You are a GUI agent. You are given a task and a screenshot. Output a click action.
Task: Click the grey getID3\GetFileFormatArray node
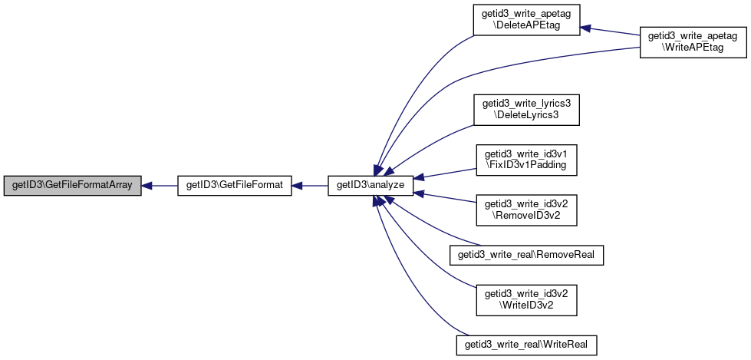72,186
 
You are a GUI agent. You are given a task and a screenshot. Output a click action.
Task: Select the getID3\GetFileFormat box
235,186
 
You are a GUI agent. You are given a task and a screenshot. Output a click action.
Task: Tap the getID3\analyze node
371,186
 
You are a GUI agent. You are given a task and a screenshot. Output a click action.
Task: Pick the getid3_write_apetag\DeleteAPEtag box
526,20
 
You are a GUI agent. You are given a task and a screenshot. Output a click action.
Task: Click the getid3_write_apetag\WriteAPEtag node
693,42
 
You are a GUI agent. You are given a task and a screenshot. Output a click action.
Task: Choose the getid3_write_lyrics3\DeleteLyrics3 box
526,110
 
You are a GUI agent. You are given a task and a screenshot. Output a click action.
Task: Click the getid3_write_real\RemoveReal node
526,255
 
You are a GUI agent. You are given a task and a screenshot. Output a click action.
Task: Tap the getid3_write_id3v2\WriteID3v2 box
526,300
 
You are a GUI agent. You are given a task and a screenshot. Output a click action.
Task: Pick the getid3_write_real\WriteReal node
526,345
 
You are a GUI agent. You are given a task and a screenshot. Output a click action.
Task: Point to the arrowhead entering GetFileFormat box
298,186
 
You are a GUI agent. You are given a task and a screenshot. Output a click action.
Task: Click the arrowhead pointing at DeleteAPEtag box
586,28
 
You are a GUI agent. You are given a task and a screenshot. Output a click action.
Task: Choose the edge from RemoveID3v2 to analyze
444,198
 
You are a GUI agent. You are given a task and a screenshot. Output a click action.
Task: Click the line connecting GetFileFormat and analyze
310,186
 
